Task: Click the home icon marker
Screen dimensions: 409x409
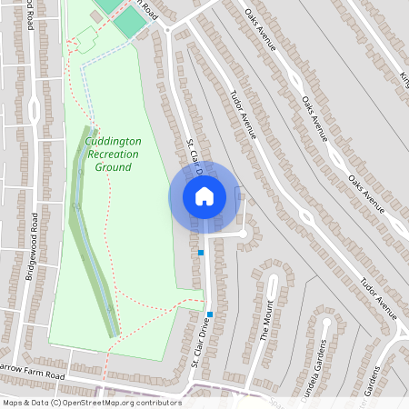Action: [204, 195]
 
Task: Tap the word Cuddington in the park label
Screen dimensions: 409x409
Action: [112, 143]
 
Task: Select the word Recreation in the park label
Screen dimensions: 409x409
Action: [113, 155]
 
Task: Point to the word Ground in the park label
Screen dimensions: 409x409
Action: [114, 167]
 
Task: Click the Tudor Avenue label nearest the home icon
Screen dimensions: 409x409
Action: [243, 114]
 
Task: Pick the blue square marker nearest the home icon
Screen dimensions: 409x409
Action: [201, 252]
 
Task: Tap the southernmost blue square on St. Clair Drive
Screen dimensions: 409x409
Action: [210, 314]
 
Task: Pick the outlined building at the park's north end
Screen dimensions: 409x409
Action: [86, 39]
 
